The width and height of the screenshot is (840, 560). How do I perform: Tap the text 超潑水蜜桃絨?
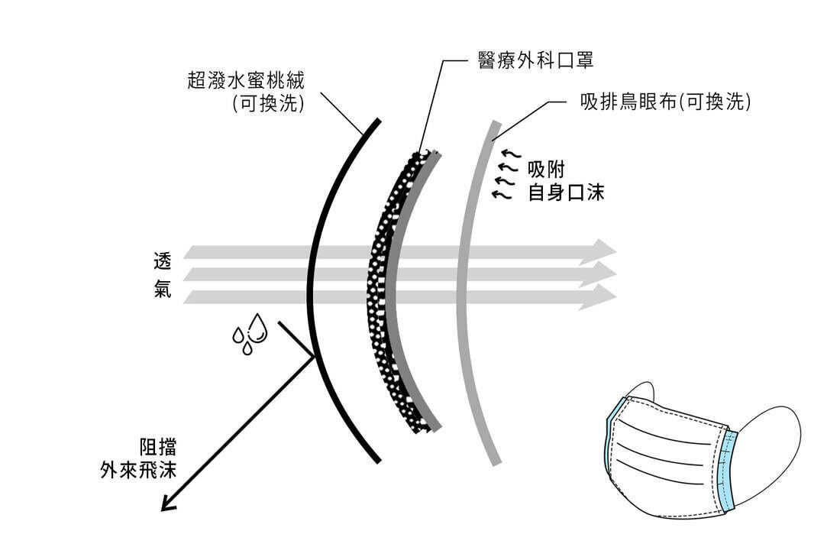pos(246,80)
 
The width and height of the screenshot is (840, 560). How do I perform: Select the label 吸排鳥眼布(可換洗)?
pos(665,102)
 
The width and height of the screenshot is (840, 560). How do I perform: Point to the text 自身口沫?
pos(566,193)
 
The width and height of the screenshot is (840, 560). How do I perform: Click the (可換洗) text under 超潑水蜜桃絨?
pos(270,104)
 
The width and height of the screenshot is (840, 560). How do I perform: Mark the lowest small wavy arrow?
pos(499,195)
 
